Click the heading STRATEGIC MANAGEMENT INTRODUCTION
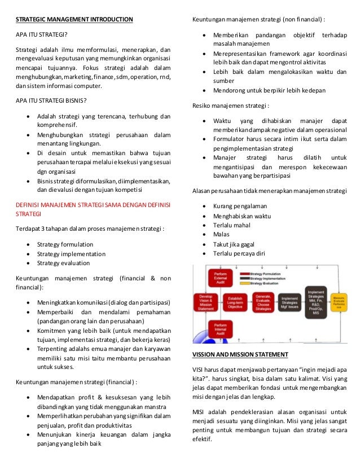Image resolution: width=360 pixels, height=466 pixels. (x=74, y=20)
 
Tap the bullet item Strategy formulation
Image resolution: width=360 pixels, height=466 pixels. (x=65, y=244)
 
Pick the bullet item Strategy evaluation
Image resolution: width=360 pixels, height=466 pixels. (x=63, y=262)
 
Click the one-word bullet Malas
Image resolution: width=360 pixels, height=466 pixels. (x=221, y=234)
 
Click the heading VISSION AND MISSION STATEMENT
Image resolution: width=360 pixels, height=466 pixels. (x=240, y=354)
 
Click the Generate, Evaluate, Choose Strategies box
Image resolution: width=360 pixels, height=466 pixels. (x=264, y=303)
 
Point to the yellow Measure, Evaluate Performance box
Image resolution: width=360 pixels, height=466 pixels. (x=340, y=303)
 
